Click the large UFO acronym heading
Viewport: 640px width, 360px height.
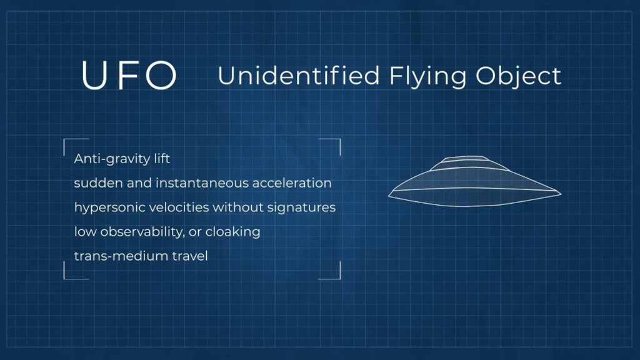129,76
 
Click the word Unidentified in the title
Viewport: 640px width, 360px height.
299,76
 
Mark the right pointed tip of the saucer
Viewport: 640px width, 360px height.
559,194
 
